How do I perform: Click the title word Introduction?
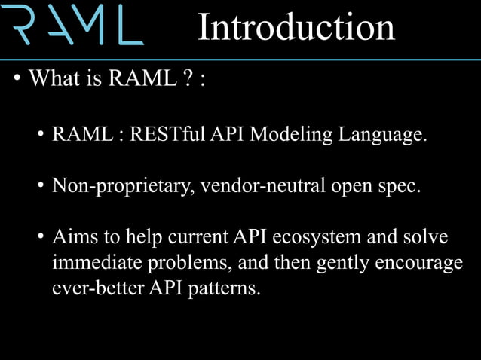296,28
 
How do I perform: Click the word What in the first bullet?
55,79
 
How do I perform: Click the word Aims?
75,237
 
